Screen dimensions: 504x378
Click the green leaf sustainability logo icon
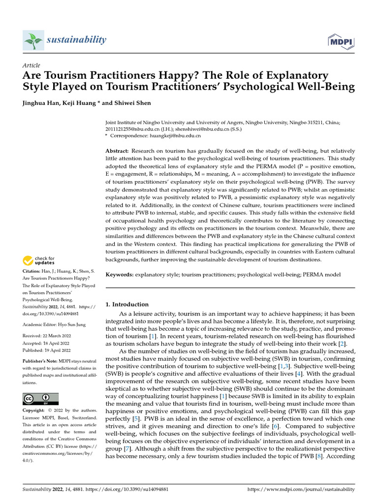[x=32, y=40]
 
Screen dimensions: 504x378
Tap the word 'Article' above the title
[x=31, y=65]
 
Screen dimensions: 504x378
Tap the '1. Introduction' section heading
[x=127, y=304]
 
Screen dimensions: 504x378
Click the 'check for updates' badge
[x=39, y=260]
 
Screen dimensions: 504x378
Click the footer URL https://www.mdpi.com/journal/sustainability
[x=301, y=489]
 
